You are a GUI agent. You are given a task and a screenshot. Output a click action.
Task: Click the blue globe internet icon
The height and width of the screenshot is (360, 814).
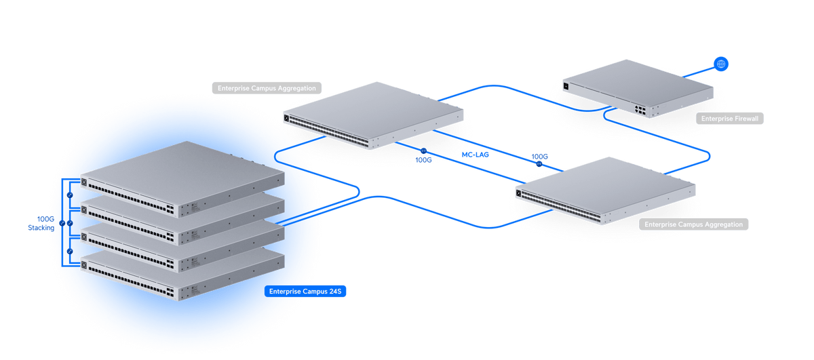click(721, 64)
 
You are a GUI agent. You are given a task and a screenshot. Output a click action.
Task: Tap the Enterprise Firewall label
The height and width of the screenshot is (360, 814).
click(730, 119)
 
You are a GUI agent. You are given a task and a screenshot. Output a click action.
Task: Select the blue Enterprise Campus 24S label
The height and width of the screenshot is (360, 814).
click(305, 292)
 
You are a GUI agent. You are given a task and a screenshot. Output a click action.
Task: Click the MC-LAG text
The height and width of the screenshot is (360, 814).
click(476, 155)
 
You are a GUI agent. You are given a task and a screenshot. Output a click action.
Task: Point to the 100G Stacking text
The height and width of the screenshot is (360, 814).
click(41, 224)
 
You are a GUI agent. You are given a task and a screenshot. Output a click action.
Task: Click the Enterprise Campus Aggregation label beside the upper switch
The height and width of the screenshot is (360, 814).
click(267, 88)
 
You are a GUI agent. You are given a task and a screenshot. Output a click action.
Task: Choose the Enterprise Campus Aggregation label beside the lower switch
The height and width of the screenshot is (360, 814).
click(694, 224)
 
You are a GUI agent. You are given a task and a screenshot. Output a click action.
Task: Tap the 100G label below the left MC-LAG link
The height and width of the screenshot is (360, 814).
click(424, 160)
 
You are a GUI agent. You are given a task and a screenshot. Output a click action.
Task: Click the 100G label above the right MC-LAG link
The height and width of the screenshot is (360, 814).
click(540, 157)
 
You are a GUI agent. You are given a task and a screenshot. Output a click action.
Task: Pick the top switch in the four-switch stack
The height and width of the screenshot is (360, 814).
click(182, 180)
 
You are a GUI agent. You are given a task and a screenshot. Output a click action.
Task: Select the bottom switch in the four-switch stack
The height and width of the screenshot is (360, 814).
click(182, 275)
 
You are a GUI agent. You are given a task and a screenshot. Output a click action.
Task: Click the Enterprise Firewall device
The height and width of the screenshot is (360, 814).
click(638, 89)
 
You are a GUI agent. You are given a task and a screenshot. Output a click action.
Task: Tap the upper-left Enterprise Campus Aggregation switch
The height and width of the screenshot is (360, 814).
click(373, 115)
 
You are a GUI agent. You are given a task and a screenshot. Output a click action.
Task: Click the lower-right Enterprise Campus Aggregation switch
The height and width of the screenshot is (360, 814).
click(605, 191)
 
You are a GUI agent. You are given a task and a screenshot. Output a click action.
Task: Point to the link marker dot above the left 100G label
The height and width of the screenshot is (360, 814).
click(423, 151)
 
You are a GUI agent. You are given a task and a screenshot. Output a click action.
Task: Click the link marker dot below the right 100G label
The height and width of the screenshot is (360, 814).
click(539, 164)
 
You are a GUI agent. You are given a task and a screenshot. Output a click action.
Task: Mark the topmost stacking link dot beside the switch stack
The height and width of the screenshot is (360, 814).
click(70, 195)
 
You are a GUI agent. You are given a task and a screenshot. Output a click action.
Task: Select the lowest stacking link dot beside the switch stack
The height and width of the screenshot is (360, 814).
click(70, 251)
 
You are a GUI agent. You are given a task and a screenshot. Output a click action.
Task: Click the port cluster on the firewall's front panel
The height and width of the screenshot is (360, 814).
click(640, 110)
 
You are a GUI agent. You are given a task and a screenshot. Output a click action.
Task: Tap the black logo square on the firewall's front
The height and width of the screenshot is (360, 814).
click(566, 86)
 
